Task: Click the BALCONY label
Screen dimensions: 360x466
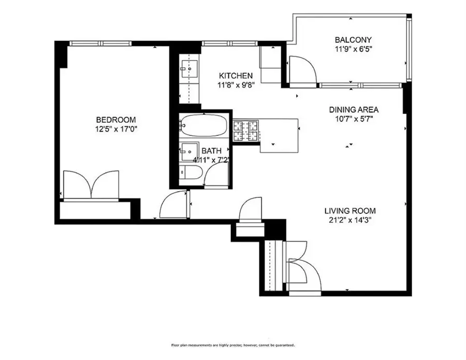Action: pos(353,40)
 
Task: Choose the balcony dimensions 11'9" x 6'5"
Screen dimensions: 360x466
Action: pos(353,49)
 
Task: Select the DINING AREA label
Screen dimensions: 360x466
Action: pos(354,110)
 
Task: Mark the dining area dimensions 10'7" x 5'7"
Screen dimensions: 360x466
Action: pos(354,119)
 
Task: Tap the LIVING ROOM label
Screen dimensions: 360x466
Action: pos(350,211)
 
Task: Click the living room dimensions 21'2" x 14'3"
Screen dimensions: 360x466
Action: pos(350,220)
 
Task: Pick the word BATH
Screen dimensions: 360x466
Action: pos(211,151)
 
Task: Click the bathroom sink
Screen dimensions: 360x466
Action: pos(187,151)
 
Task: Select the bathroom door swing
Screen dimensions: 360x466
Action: pos(215,177)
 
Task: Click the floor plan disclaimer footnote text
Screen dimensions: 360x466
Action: pos(233,345)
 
